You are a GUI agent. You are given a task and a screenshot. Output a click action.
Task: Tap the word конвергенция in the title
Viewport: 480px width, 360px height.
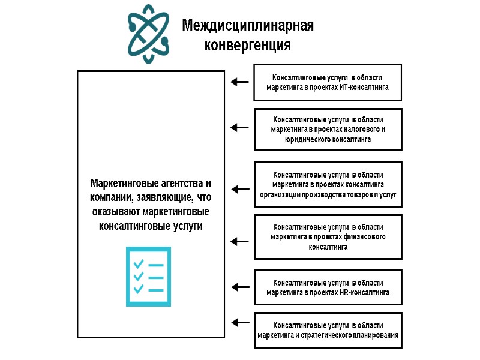[x=248, y=46]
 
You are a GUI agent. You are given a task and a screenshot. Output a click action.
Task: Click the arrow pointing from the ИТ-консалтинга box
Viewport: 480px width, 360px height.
[x=240, y=82]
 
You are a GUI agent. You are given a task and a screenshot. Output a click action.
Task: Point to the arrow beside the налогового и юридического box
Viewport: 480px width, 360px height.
[x=240, y=127]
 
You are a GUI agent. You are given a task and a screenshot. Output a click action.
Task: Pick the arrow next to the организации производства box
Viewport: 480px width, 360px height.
[x=240, y=190]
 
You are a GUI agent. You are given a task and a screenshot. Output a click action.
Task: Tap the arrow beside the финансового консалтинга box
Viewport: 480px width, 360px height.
[x=240, y=242]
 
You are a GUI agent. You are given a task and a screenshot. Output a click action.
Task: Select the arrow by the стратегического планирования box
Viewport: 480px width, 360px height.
[x=240, y=322]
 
